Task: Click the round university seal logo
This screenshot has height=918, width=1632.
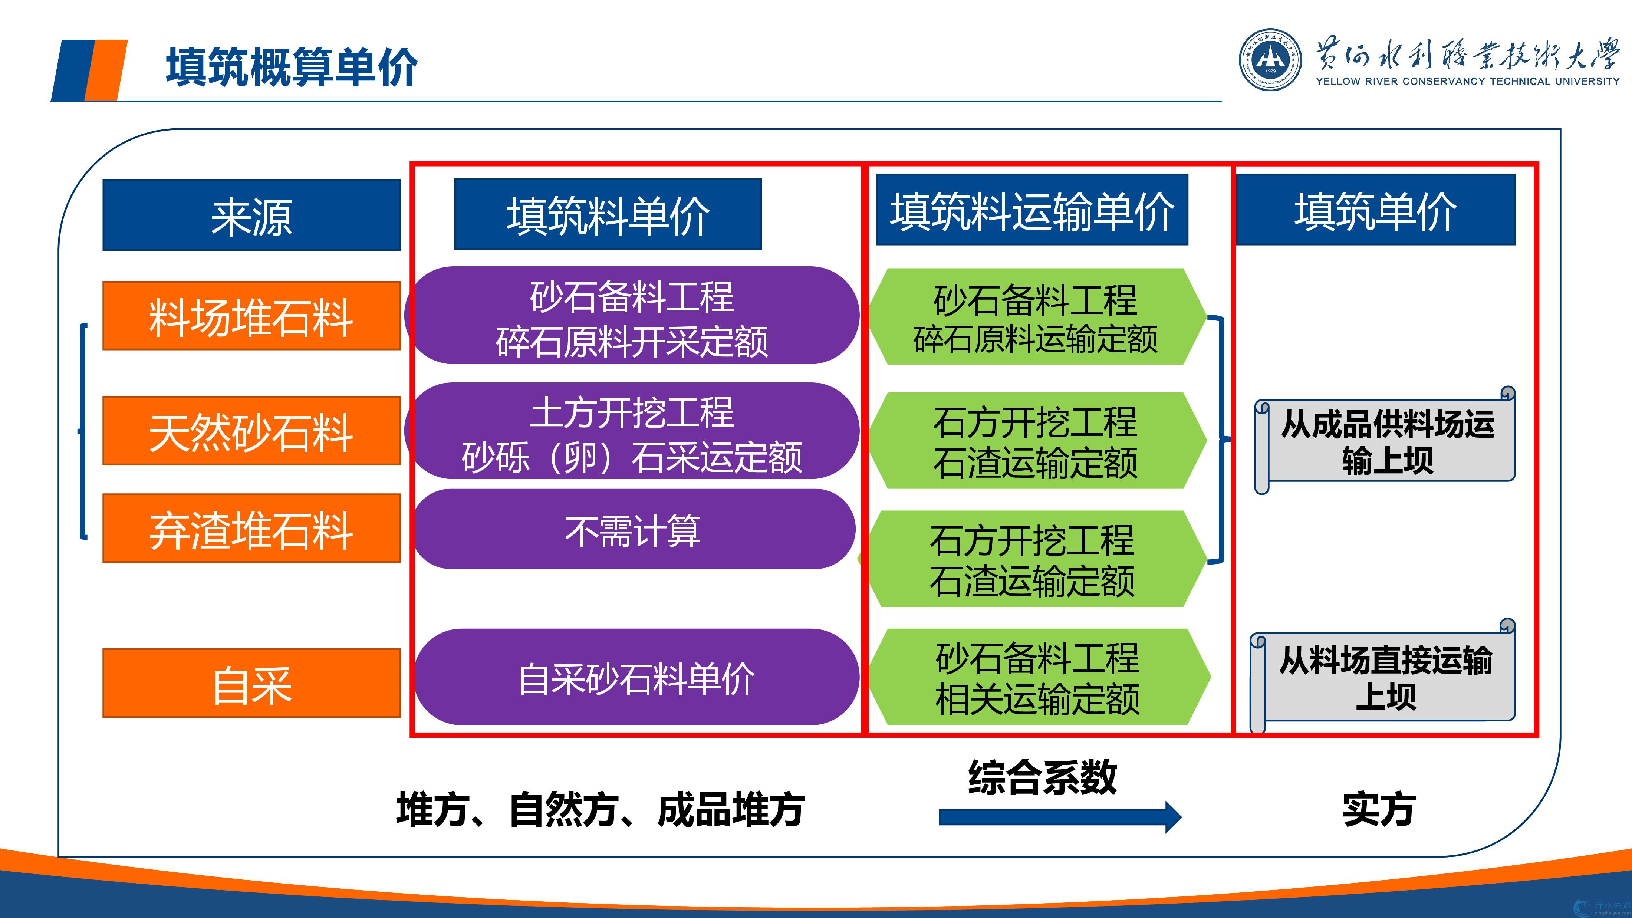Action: [1270, 60]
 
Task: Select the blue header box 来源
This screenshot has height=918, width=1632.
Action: [251, 215]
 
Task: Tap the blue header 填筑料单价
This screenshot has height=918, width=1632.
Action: [608, 214]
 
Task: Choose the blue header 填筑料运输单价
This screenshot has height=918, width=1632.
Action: [1031, 210]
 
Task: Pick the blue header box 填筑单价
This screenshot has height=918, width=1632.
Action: [1375, 210]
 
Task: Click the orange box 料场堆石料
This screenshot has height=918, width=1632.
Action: [251, 316]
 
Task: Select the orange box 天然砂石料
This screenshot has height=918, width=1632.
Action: [251, 431]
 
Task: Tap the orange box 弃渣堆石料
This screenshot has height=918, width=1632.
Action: [251, 529]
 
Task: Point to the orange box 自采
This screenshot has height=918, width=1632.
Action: [251, 683]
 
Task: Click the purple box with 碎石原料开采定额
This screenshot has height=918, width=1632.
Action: [632, 315]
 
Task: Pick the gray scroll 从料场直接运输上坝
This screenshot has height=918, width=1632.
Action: [1383, 677]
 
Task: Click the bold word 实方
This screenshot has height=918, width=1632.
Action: [1379, 809]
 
